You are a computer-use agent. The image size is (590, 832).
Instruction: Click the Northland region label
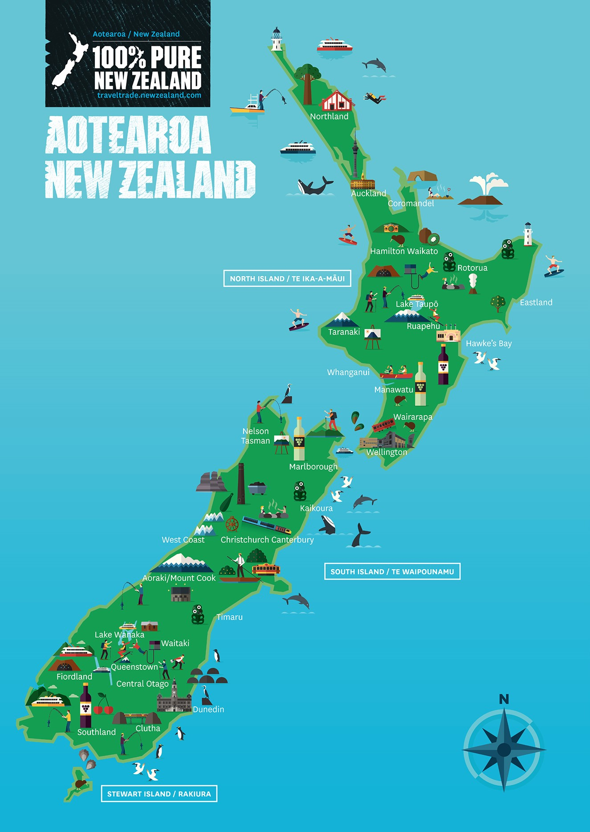[329, 116]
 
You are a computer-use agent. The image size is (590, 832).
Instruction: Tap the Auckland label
[368, 193]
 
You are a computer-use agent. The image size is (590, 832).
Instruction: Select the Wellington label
[387, 452]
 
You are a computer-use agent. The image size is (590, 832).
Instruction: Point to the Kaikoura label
[316, 508]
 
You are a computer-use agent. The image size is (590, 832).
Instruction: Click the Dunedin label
[208, 709]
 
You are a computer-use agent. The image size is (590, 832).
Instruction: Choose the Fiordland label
[74, 677]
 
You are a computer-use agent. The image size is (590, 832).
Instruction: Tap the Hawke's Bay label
[488, 343]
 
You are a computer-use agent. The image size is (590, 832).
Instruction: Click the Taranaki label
[344, 332]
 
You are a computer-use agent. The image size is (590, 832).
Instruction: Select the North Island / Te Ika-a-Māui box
[287, 278]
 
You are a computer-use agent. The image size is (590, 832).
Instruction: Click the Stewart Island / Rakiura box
[159, 794]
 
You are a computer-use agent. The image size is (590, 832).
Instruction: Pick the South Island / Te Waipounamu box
[392, 571]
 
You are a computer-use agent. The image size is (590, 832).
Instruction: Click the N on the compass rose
[504, 699]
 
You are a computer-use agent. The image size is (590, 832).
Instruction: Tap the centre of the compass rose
[504, 750]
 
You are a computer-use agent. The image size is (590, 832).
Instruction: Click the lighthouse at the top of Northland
[277, 39]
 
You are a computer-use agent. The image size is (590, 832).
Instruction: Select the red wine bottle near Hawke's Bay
[443, 365]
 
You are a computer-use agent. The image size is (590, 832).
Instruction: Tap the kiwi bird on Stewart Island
[80, 783]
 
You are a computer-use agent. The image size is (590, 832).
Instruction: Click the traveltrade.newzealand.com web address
[149, 95]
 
